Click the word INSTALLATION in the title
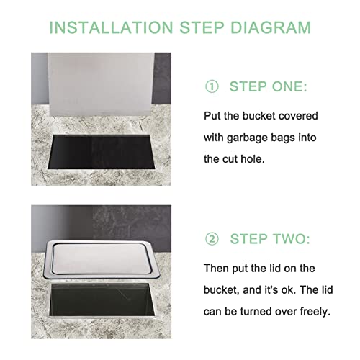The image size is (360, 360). point(111,27)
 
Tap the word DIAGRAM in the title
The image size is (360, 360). point(271,27)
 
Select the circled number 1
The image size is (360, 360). point(212,86)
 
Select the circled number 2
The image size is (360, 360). point(212,239)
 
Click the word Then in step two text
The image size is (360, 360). point(216,269)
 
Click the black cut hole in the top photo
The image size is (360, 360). point(101,152)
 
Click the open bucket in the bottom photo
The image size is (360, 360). point(102,300)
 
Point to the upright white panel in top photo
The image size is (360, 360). point(101,84)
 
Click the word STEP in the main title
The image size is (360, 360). point(202,27)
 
